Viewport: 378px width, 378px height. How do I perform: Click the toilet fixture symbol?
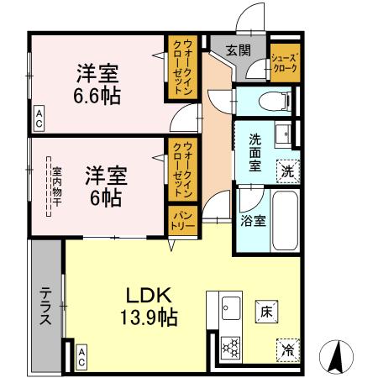click(270, 102)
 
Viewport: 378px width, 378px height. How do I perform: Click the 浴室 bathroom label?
click(254, 223)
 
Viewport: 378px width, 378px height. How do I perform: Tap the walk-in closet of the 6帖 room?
click(182, 171)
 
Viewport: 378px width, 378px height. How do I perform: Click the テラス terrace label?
click(45, 307)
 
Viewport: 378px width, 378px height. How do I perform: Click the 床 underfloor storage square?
click(263, 311)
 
